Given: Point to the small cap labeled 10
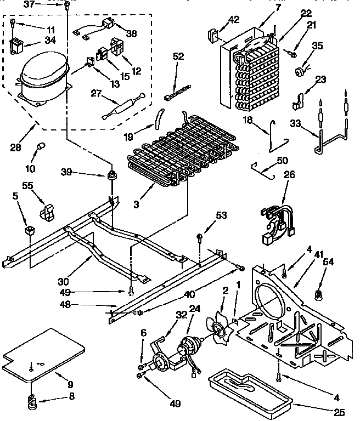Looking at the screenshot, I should (x=40, y=147).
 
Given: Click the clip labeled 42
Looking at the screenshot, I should (x=212, y=37).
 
